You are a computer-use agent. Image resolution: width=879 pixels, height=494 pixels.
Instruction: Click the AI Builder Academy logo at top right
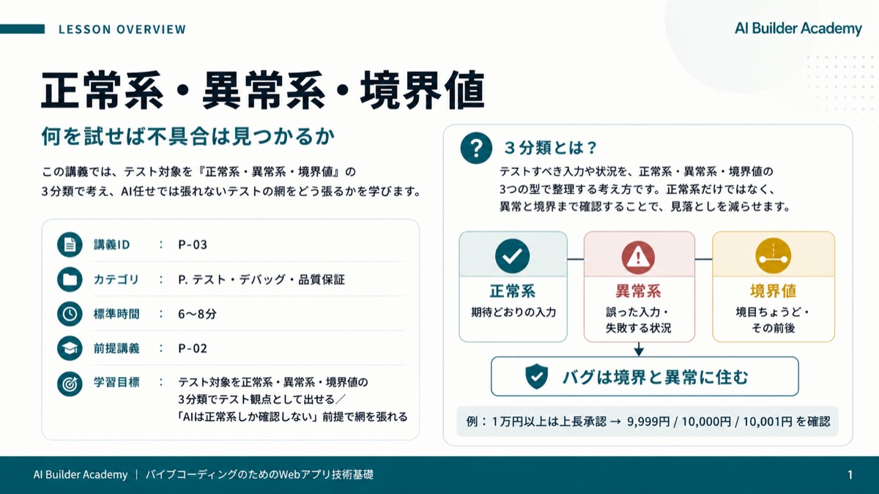coord(798,29)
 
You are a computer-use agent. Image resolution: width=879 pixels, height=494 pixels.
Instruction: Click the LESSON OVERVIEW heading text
coord(122,29)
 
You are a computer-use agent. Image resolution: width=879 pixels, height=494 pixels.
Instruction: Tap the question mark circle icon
coord(476,148)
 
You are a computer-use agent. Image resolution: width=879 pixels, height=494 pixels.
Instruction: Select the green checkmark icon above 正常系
coord(512,256)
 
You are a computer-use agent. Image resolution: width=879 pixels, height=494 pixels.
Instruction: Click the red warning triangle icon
coord(638,257)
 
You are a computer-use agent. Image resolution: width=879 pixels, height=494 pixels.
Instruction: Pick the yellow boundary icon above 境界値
coord(773,256)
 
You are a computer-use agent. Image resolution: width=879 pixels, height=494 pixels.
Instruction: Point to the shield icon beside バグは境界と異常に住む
coord(536,376)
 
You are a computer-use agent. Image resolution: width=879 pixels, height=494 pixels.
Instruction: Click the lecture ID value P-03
coord(192,244)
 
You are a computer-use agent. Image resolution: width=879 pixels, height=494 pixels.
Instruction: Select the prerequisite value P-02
coord(192,348)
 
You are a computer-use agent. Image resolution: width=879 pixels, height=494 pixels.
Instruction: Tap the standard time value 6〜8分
coord(197,314)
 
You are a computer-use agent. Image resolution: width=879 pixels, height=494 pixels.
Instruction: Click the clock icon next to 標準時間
coord(70,314)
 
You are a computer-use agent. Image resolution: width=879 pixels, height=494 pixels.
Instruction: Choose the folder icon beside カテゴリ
coord(70,279)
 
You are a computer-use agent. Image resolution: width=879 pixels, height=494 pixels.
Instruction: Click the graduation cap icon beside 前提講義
coord(70,348)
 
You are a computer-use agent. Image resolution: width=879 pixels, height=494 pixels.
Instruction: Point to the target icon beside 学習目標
coord(70,383)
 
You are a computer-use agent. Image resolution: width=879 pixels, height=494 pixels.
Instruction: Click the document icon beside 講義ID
coord(70,244)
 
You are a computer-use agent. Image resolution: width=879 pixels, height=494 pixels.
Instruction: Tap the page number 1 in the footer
coord(850,475)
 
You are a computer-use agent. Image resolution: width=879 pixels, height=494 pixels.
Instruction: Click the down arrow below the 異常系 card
coord(639,349)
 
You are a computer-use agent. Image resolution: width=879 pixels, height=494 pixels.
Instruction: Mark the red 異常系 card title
coord(638,291)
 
